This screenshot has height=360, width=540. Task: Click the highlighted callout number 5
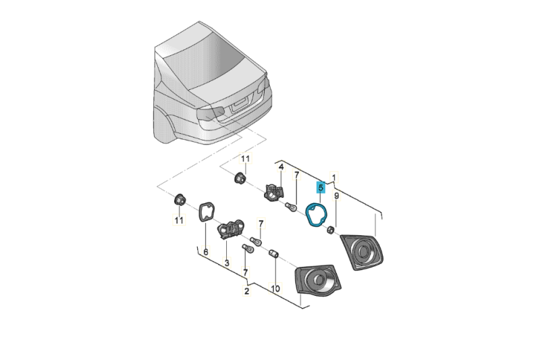point(321,188)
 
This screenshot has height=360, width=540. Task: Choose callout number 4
point(281,166)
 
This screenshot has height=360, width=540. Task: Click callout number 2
point(247,292)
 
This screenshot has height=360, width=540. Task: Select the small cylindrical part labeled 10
point(275,254)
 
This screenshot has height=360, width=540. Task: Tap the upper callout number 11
point(246,159)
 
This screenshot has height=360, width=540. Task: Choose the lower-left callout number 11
point(179,220)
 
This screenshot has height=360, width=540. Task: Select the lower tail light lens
point(315,279)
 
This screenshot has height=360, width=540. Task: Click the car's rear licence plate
point(240,103)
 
